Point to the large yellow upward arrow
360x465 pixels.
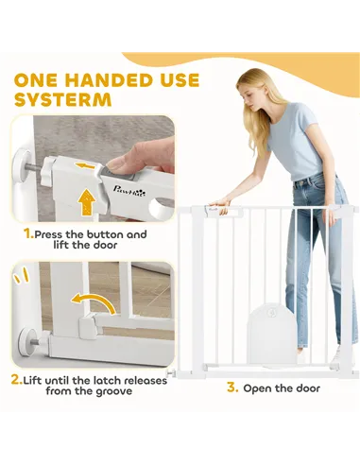pos(86,200)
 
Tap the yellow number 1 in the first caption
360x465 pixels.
pos(28,233)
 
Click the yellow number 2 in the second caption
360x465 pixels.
pos(16,379)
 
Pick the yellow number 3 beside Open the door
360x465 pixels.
pos(231,387)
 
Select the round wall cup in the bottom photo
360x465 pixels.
pos(24,336)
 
